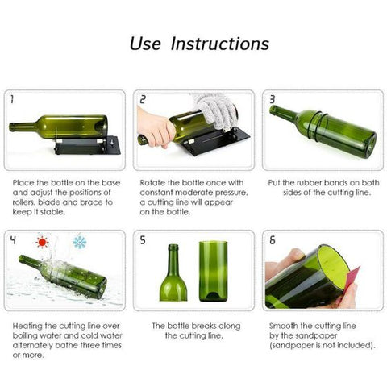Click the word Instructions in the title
[x=220, y=44]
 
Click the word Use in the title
[x=147, y=44]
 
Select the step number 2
[x=143, y=100]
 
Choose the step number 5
[x=143, y=240]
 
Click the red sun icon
[x=41, y=242]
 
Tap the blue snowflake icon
[x=79, y=242]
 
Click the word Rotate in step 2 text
[x=155, y=184]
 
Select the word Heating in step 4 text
[x=30, y=326]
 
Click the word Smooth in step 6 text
[x=284, y=326]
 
